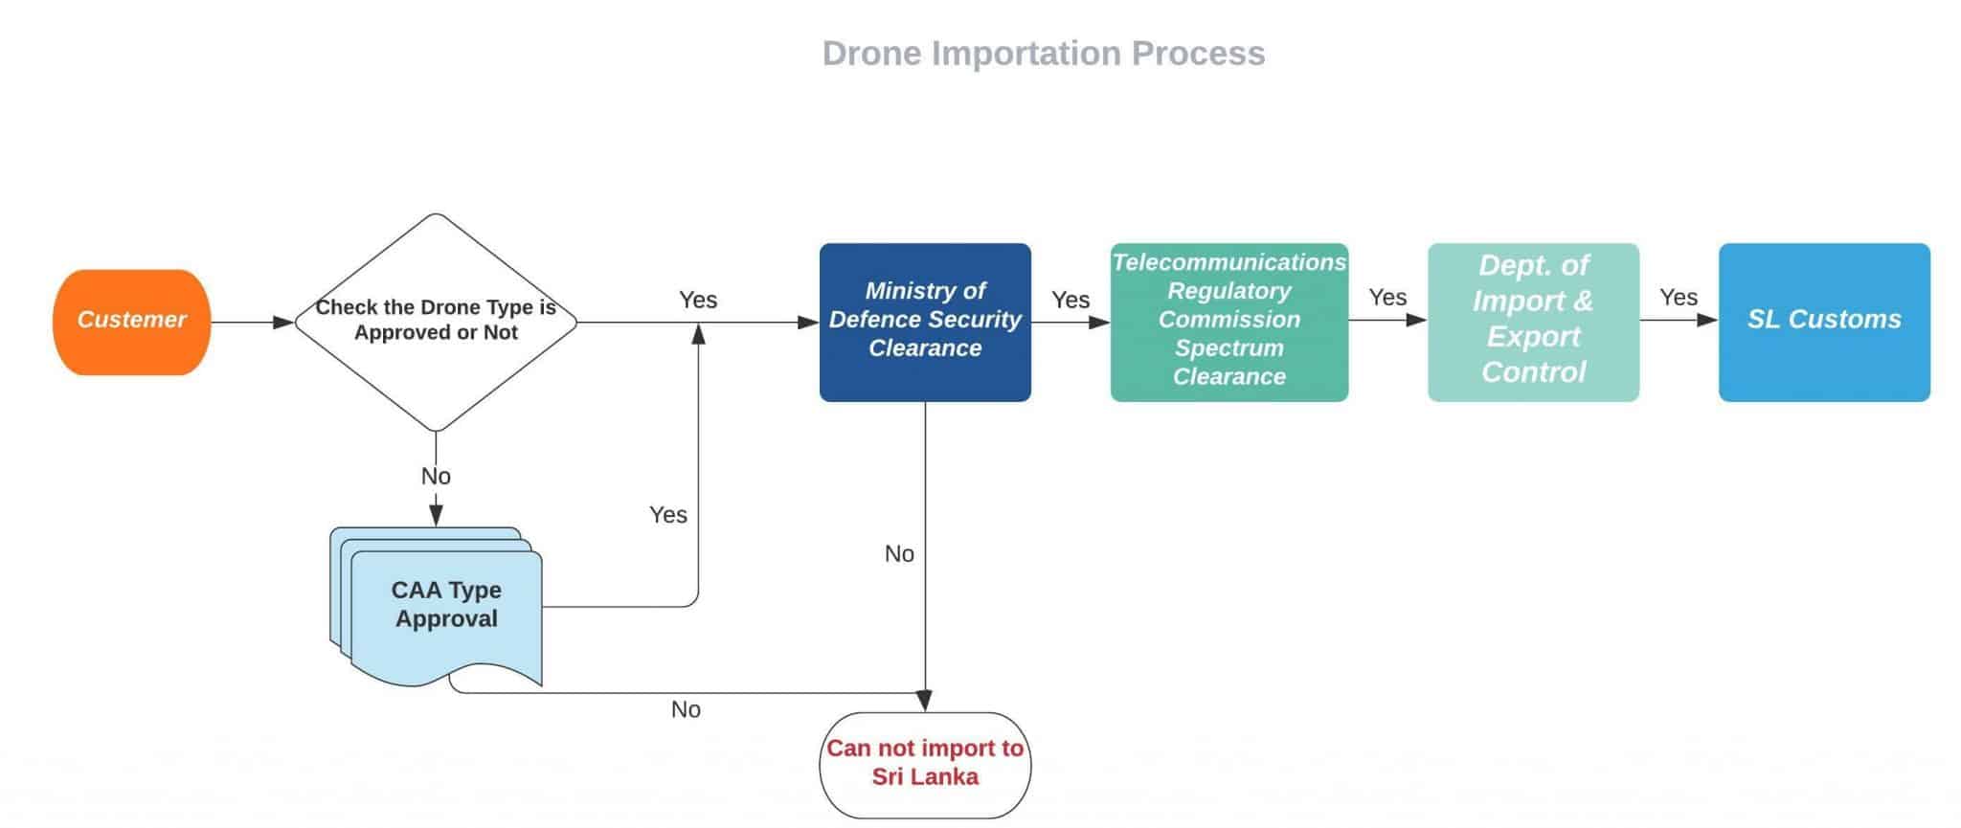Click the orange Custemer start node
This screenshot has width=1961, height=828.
pos(131,322)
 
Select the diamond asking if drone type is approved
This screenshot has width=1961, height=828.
pos(436,322)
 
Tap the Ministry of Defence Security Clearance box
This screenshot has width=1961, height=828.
pos(925,322)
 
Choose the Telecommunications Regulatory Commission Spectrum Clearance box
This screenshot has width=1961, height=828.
pos(1228,322)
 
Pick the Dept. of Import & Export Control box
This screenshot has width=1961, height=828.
pos(1533,322)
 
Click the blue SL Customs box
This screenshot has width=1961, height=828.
pos(1824,322)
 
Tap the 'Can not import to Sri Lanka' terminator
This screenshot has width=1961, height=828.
pos(925,764)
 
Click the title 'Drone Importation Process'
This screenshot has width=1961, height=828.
pos(1044,54)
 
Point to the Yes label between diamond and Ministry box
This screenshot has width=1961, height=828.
pos(698,301)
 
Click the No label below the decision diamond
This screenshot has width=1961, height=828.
pos(436,477)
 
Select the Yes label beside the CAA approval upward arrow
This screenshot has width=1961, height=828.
pos(668,515)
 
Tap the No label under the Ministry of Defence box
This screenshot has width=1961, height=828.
pos(899,554)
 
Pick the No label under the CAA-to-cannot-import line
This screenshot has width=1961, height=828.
pos(686,710)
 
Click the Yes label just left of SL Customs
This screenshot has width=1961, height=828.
pos(1679,298)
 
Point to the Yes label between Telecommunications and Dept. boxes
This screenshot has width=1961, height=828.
pos(1387,298)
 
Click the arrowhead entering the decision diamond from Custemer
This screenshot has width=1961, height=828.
pos(283,323)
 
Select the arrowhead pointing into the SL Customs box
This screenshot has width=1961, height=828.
pos(1707,320)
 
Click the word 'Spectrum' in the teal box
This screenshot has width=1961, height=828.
pos(1228,348)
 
